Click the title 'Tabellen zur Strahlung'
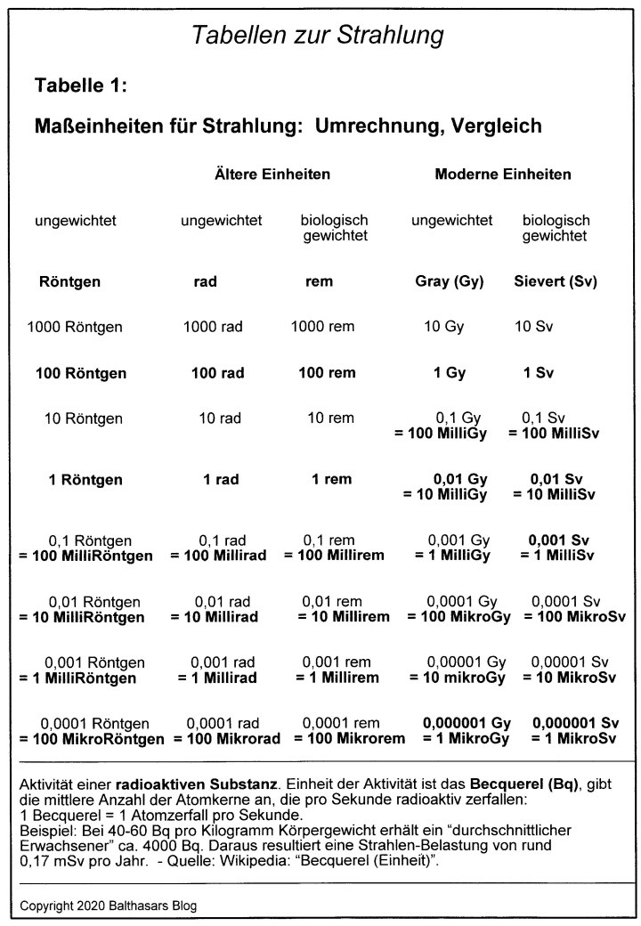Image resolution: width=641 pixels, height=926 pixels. pos(318,37)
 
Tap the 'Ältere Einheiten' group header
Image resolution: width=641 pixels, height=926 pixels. pos(272,174)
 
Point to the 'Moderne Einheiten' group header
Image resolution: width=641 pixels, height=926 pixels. pos(503,174)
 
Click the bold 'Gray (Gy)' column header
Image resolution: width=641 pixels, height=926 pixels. pos(450,281)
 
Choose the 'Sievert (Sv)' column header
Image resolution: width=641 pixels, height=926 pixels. pos(556,281)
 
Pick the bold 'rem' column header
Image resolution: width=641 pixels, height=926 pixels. pos(319,281)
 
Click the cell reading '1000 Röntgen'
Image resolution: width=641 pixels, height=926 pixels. pos(75,327)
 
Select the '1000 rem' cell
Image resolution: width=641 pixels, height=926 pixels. pos(322,327)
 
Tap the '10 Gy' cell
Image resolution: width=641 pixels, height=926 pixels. pos(443,327)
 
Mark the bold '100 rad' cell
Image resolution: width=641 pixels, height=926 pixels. pos(218,373)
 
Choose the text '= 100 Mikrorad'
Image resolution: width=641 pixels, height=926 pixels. pos(227,738)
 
